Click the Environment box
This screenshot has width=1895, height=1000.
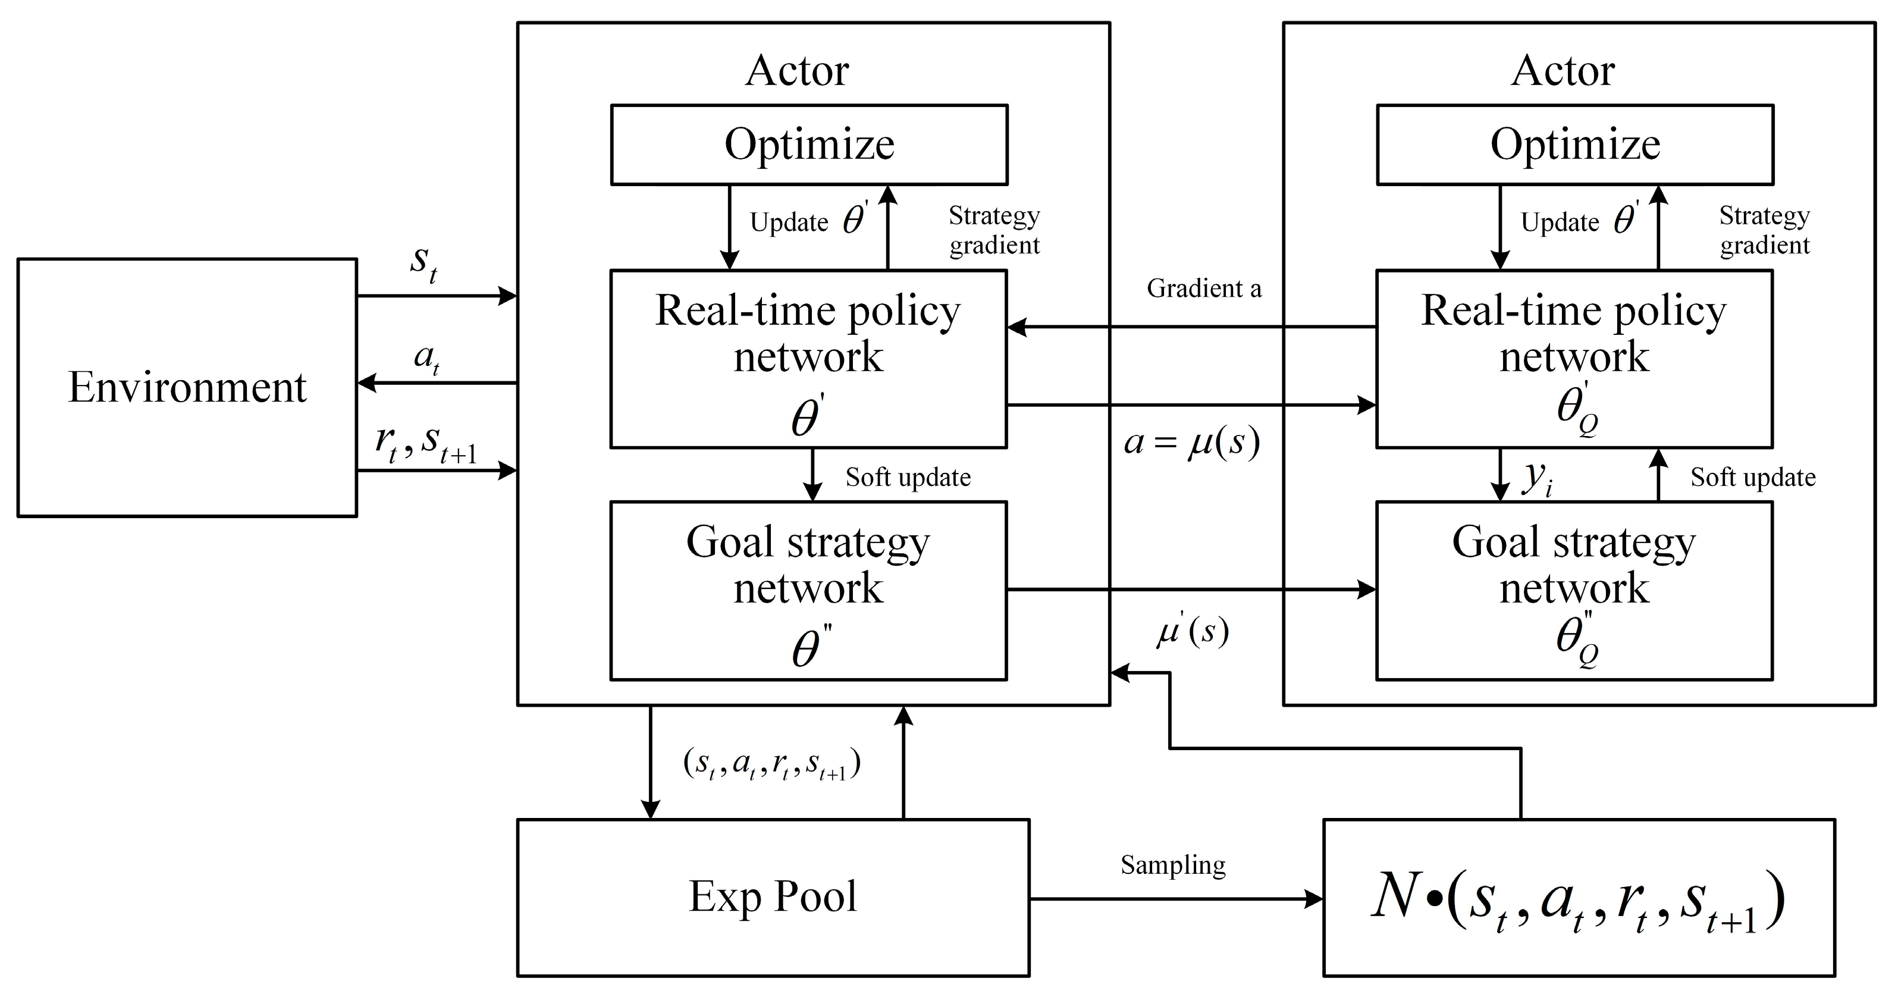click(187, 388)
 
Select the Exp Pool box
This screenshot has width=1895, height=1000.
click(773, 897)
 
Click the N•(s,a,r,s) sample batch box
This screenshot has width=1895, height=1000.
click(1579, 898)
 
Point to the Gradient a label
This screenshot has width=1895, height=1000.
click(1203, 289)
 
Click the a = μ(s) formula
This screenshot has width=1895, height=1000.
click(1192, 442)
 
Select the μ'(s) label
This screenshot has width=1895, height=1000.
click(1193, 631)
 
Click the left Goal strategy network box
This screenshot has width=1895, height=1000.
click(808, 591)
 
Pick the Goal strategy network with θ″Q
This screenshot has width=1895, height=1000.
click(1574, 591)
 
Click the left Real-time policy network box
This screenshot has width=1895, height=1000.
click(808, 359)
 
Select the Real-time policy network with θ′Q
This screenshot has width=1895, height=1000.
click(1574, 359)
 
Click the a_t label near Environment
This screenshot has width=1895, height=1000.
click(426, 358)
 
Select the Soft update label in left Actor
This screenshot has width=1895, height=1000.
click(908, 477)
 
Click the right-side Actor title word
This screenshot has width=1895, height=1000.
click(1563, 71)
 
